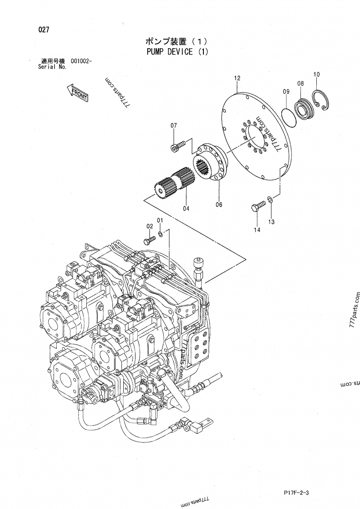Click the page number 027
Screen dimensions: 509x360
tap(44, 31)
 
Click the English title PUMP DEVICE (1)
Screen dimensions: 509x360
tap(177, 51)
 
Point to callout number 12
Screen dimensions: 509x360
tap(237, 78)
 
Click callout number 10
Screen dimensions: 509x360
tap(316, 74)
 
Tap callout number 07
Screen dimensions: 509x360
tap(174, 125)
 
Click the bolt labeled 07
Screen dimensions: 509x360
tap(178, 146)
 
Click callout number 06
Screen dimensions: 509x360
tap(219, 204)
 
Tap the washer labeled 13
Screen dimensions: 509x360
tap(269, 199)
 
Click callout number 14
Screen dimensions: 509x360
tap(257, 230)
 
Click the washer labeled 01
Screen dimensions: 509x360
tap(161, 234)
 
